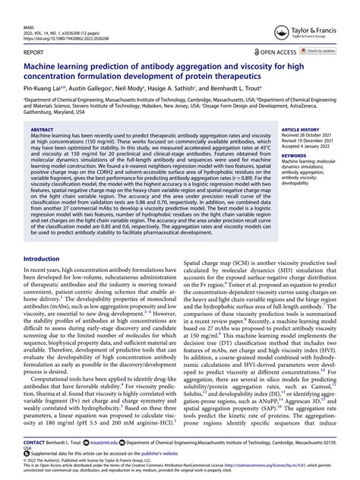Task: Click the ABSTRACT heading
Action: tap(43, 130)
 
